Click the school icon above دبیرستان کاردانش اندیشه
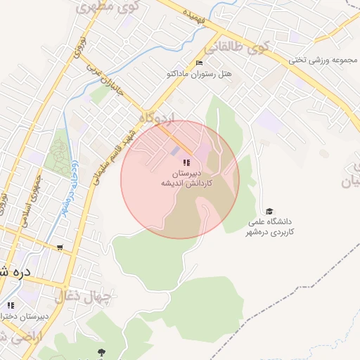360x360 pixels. tap(186, 162)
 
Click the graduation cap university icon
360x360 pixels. tap(269, 211)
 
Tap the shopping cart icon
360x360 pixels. tap(60, 247)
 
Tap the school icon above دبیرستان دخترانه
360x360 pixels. tap(10, 305)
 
